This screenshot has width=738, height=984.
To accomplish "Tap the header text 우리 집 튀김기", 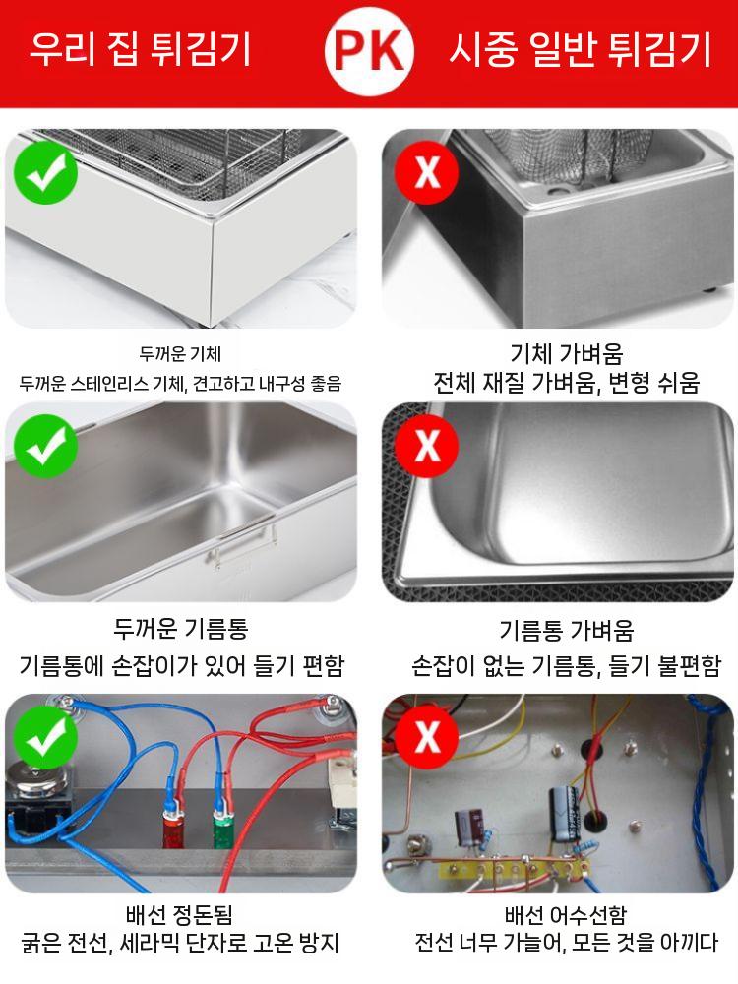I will (140, 49).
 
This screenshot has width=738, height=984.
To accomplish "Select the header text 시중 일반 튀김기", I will (580, 49).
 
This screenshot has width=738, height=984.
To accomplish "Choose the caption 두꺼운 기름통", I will (180, 628).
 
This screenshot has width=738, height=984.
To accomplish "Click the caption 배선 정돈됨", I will (180, 915).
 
